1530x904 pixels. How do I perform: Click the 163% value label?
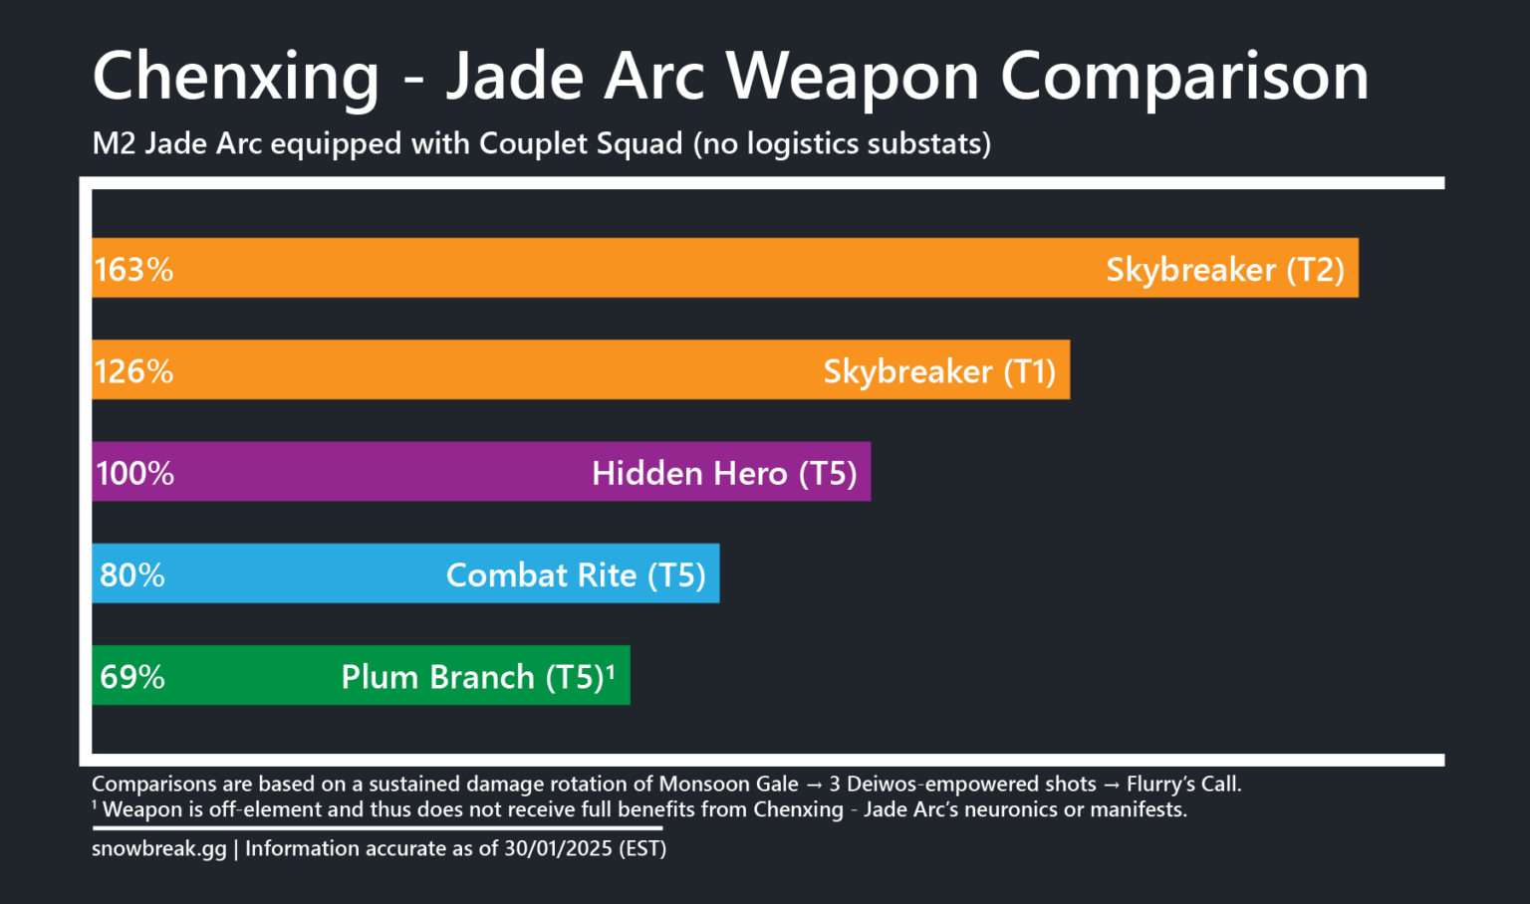(133, 270)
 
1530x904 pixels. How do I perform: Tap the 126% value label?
(133, 371)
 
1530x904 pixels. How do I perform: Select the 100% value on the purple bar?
(134, 473)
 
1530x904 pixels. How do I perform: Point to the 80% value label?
(132, 575)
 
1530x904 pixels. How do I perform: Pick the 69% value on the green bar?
(132, 677)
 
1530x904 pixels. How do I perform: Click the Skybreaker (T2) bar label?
(1225, 270)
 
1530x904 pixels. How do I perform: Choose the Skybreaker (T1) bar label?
(939, 371)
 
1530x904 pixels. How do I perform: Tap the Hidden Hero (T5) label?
(724, 473)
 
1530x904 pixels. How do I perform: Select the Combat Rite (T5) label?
(576, 575)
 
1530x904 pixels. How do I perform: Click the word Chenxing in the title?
(236, 77)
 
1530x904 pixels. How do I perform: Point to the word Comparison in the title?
(1184, 77)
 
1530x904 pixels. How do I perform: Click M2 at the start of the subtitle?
(114, 143)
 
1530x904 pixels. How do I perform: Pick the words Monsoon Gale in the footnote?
(728, 785)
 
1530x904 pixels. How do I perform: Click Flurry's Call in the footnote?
(1183, 785)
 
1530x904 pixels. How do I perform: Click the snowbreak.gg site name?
(159, 849)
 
